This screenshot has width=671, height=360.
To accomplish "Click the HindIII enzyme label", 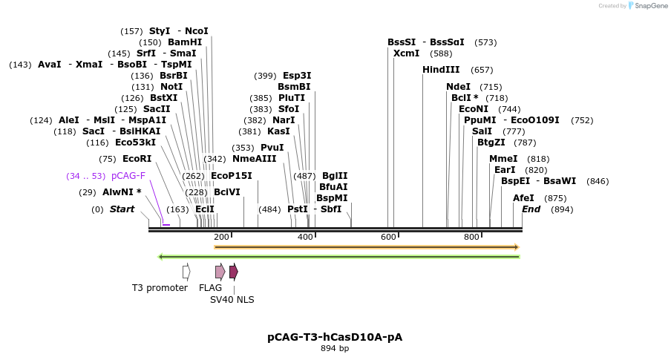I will click(441, 70).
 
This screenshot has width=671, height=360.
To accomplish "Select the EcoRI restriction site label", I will click(137, 159).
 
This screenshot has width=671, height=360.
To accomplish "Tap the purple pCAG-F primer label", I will click(128, 176).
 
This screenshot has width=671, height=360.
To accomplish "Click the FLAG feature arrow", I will click(220, 272).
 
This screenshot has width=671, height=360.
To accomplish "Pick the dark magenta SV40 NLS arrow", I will click(234, 272).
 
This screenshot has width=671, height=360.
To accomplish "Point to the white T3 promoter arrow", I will click(187, 272).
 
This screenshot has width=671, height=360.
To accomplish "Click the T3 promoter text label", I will click(160, 288).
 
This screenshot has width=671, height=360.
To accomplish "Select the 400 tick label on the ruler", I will click(305, 237).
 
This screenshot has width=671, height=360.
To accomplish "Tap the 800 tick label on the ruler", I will click(471, 237).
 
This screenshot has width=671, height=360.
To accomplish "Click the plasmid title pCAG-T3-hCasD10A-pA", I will click(335, 337).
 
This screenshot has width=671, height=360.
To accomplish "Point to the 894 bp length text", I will click(335, 348).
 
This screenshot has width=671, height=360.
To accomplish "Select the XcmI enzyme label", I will click(406, 53).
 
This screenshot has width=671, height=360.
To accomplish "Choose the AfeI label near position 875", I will click(523, 198).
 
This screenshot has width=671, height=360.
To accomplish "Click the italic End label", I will click(531, 209).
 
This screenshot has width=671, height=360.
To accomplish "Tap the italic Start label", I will click(122, 209).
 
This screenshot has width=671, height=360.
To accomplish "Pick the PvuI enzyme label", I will click(272, 148).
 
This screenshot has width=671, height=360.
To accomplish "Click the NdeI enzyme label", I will click(458, 87).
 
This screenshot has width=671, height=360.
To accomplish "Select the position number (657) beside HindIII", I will click(482, 70).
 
